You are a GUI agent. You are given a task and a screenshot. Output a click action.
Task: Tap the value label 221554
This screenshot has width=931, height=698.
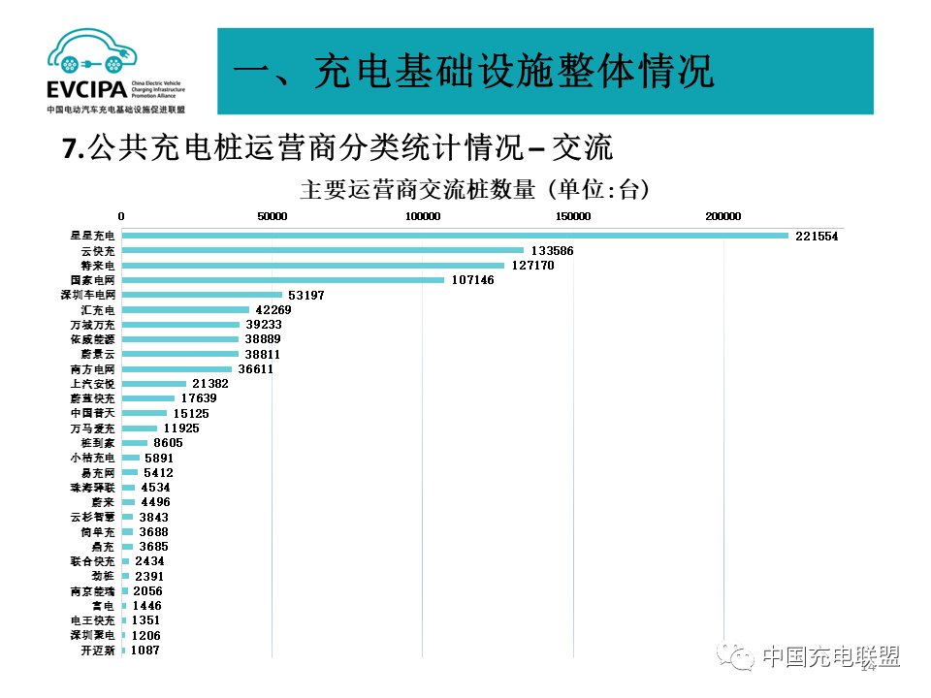817,236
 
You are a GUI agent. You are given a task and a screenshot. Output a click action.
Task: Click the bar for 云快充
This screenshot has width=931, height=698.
322,250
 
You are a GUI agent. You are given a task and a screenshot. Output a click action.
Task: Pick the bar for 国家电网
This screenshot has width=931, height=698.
282,280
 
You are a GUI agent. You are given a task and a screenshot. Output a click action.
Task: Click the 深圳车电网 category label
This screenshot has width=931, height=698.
87,295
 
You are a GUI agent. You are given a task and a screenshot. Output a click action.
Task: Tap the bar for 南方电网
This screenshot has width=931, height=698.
177,369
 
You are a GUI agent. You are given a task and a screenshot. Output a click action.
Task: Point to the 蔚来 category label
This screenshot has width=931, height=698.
103,502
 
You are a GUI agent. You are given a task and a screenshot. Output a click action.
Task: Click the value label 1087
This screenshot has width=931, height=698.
144,650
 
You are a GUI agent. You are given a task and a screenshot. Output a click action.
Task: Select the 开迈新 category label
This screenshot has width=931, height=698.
98,650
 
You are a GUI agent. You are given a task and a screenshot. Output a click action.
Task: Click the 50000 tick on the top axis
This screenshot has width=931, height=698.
272,216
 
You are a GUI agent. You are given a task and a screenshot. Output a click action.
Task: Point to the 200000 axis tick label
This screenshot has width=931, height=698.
722,216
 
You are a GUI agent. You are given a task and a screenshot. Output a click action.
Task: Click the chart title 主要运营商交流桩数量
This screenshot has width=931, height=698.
417,190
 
